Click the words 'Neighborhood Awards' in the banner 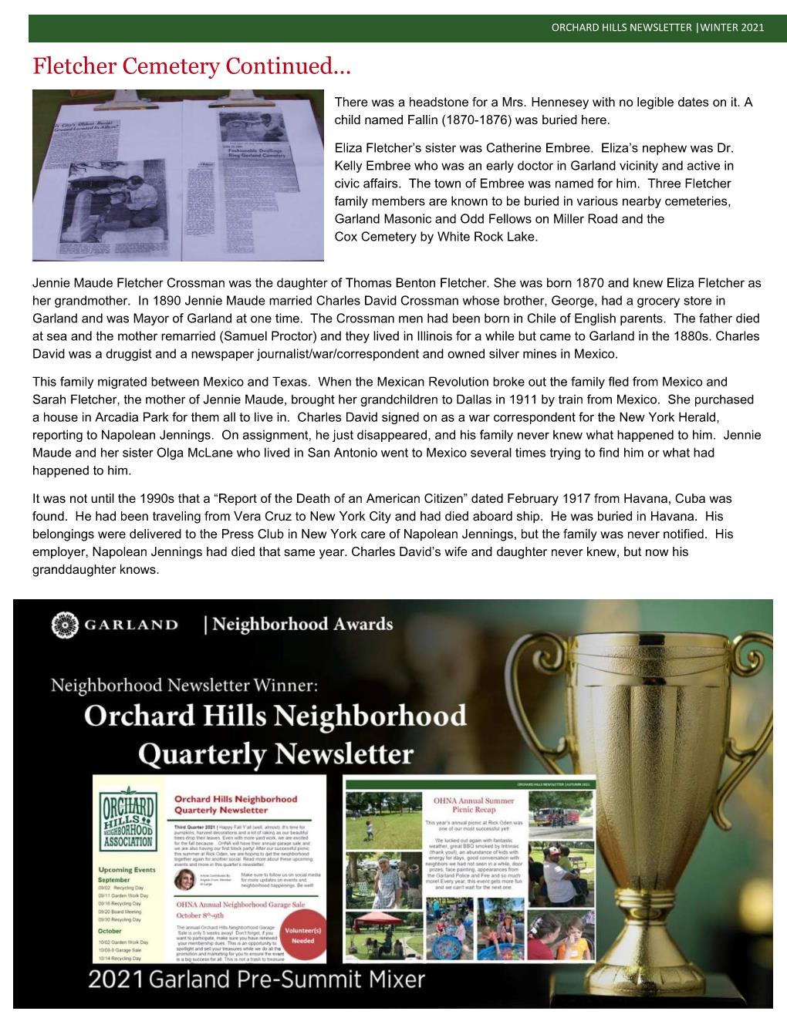pyautogui.click(x=302, y=624)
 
